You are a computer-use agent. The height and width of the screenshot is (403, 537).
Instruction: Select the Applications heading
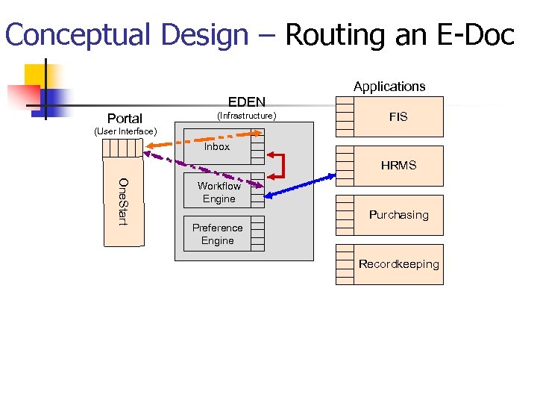click(389, 87)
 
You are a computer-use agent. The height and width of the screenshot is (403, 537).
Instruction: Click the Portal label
click(125, 119)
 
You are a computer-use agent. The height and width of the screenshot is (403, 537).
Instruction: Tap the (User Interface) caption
click(125, 132)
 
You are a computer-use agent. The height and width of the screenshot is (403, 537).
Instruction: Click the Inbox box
click(217, 147)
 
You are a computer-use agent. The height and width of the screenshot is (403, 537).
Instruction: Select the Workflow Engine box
click(219, 193)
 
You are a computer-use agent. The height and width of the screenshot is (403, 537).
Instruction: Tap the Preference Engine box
click(217, 234)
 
